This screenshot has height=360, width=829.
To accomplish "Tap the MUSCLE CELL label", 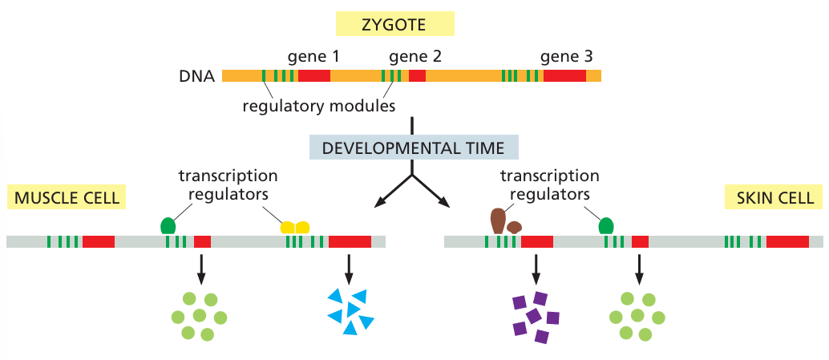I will pyautogui.click(x=67, y=197).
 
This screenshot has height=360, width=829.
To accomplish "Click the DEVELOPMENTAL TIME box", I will pyautogui.click(x=413, y=148).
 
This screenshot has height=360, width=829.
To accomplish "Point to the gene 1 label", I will pyautogui.click(x=313, y=57).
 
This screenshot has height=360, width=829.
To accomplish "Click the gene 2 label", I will pyautogui.click(x=415, y=57).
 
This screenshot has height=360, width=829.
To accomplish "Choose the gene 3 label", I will pyautogui.click(x=567, y=57).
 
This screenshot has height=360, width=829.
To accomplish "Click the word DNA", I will pyautogui.click(x=197, y=77).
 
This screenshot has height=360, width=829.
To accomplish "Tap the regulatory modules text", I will pyautogui.click(x=319, y=105).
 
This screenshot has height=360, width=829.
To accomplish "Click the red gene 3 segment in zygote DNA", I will pyautogui.click(x=564, y=76).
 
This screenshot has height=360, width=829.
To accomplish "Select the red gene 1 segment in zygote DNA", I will pyautogui.click(x=313, y=76).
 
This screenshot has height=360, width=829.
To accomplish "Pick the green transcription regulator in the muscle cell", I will pyautogui.click(x=168, y=226).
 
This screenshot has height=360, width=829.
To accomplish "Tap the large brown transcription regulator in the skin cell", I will pyautogui.click(x=498, y=220).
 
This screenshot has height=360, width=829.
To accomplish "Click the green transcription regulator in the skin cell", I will pyautogui.click(x=606, y=226).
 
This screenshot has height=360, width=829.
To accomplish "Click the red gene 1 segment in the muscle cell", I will pyautogui.click(x=99, y=241).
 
